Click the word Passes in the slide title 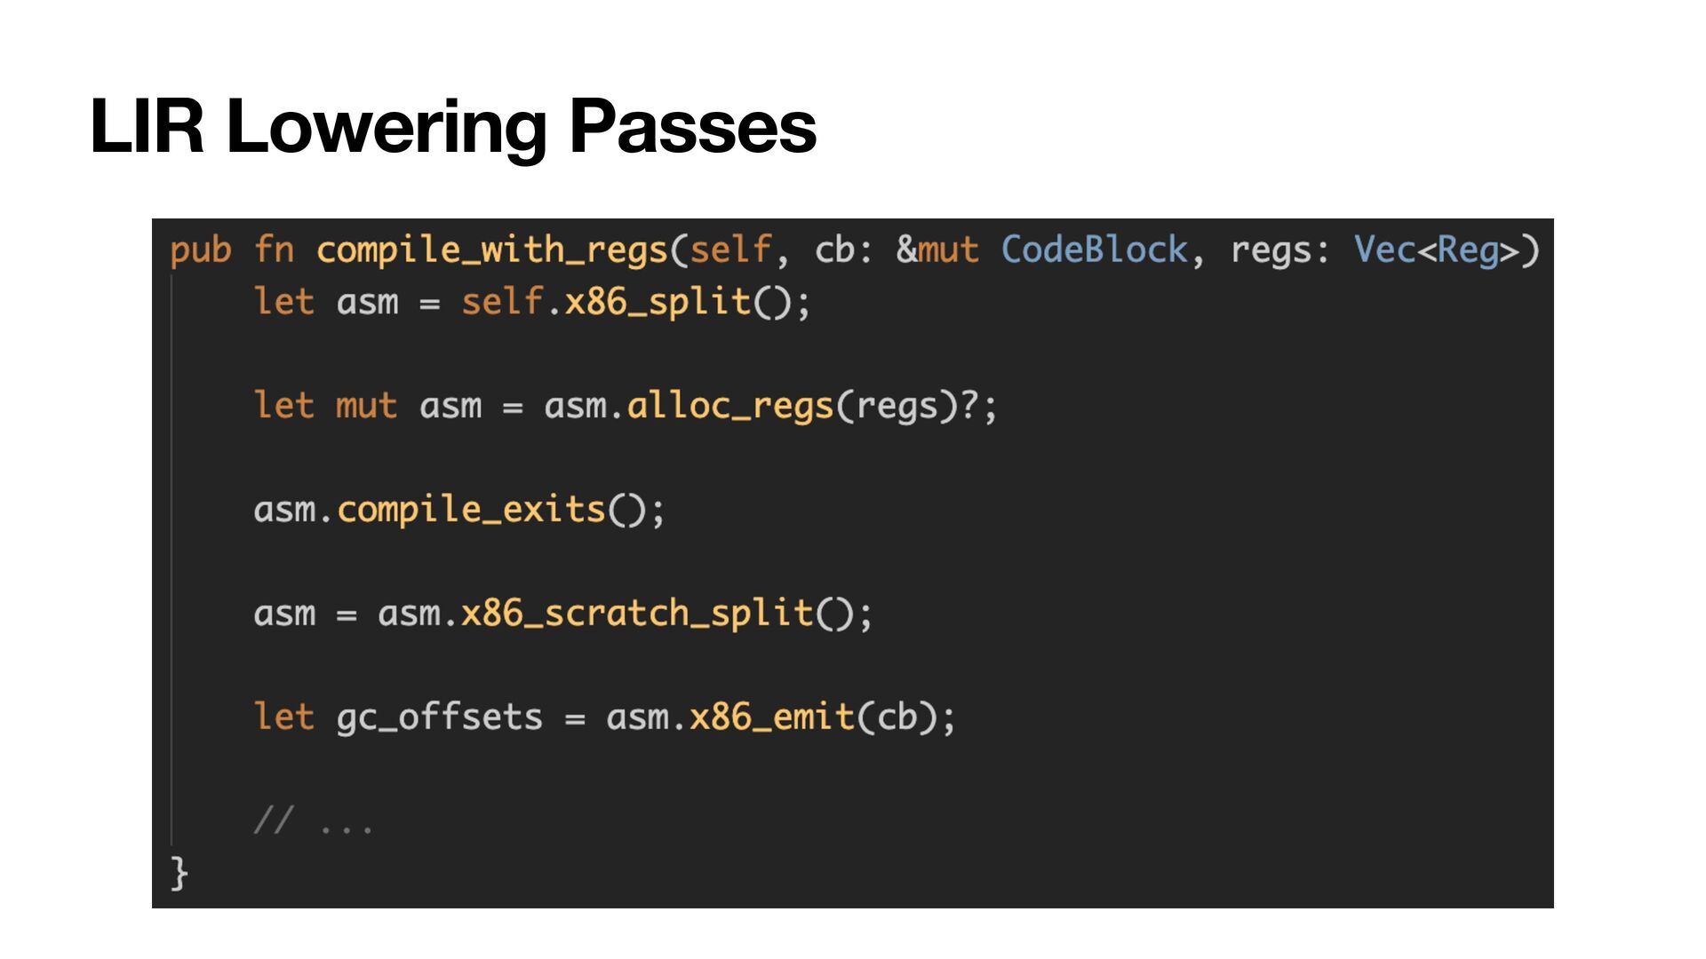(x=692, y=127)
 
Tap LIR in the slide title (x=147, y=127)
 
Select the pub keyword (x=201, y=250)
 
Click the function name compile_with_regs (x=491, y=250)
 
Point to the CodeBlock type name (x=1094, y=250)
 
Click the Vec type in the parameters (x=1384, y=250)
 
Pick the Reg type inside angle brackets (x=1468, y=250)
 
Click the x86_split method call (x=658, y=302)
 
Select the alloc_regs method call (x=729, y=406)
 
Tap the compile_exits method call (x=471, y=510)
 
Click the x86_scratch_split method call (x=637, y=614)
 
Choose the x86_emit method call (x=772, y=717)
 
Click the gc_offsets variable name (x=439, y=717)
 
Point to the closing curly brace (x=179, y=873)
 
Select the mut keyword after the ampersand (x=948, y=250)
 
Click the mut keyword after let (x=366, y=406)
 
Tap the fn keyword (x=274, y=250)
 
